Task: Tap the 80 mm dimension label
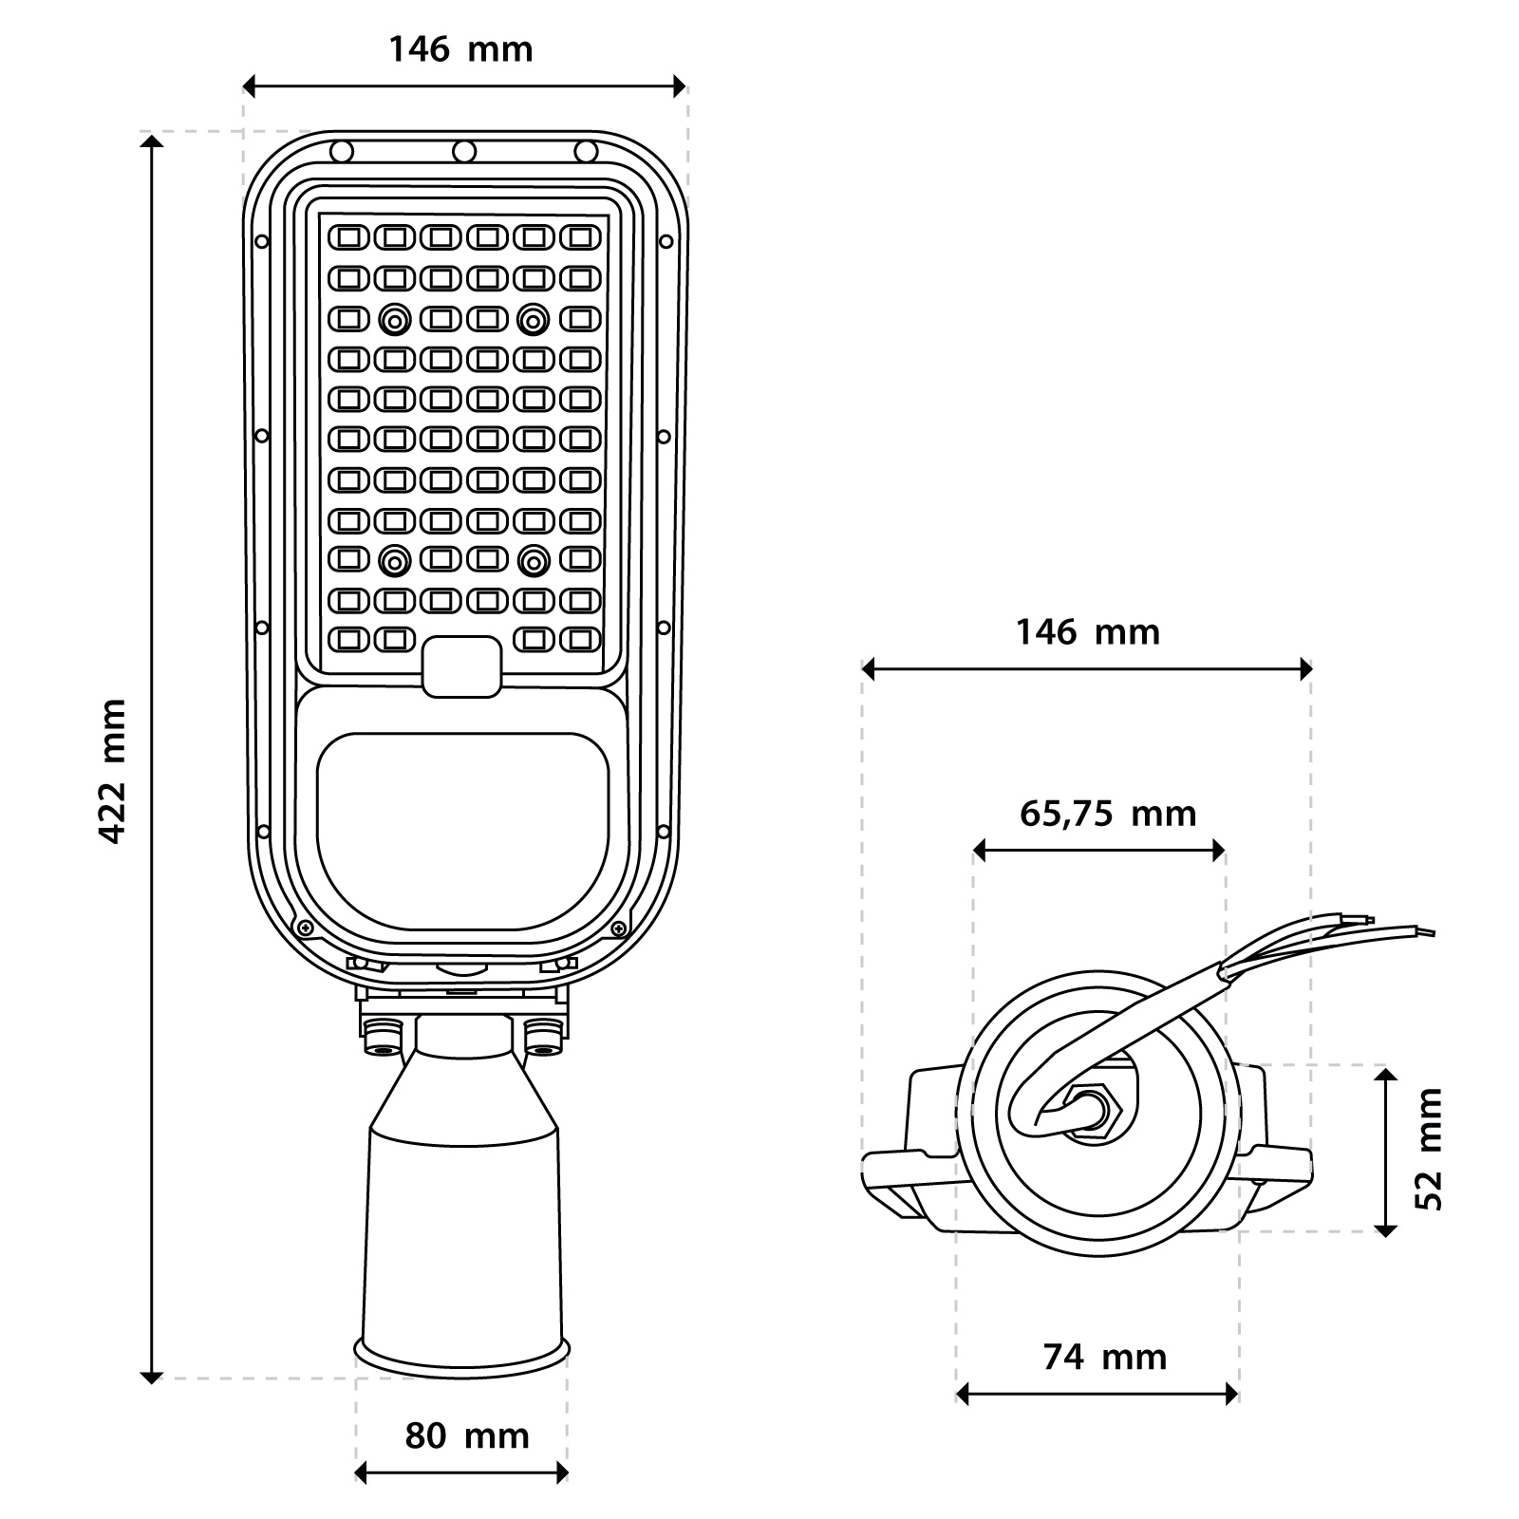466,1436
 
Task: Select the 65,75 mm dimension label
1107,814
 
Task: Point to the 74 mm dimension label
1104,1358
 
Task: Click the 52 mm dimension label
1429,1149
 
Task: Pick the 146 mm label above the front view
460,49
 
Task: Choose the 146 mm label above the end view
1088,632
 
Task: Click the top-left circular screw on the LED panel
394,321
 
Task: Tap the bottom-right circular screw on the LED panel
534,562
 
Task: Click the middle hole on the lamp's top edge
463,151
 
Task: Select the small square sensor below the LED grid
461,666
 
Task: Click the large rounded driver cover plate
462,831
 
